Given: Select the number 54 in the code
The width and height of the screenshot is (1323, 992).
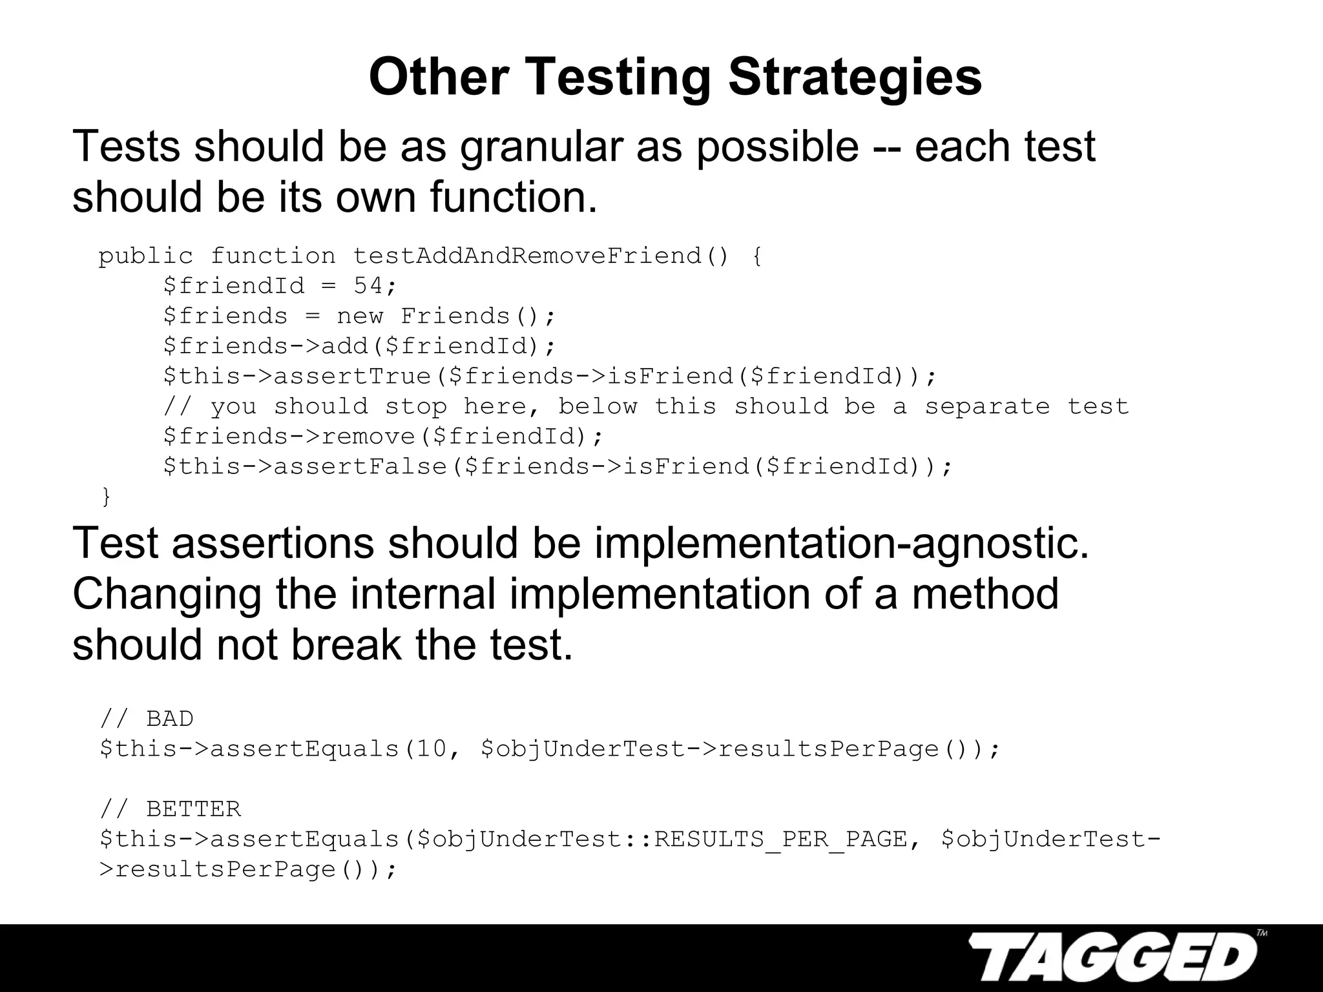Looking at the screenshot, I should [369, 286].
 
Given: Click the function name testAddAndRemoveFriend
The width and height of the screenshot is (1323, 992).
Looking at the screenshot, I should [527, 256].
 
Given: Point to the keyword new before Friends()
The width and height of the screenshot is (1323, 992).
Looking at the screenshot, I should [360, 316].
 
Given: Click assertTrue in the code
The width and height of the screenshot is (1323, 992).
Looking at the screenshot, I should [353, 377].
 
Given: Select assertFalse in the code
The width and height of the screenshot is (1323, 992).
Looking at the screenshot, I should [360, 466].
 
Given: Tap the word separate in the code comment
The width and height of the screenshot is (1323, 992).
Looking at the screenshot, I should [987, 407].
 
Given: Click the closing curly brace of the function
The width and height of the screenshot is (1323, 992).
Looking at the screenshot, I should [107, 497].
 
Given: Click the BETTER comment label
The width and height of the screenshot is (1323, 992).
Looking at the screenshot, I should [193, 809].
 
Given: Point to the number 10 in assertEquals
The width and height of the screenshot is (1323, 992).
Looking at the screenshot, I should [431, 749].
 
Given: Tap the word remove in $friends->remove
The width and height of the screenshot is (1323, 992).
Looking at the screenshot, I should [368, 437].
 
